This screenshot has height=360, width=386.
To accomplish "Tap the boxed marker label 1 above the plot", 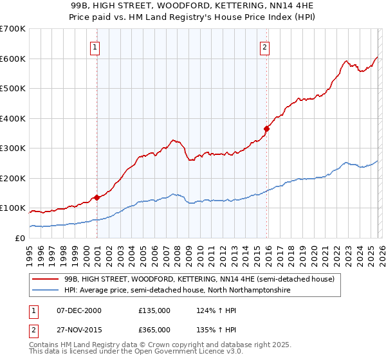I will (x=95, y=46).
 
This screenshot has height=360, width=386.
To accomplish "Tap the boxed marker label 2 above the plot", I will (x=264, y=46).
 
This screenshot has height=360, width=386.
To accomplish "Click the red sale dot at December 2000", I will (x=97, y=197).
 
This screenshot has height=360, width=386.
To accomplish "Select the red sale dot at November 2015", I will (x=266, y=129).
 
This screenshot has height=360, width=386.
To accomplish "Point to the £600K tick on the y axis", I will (x=13, y=59).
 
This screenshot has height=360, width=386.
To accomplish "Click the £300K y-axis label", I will (x=13, y=148).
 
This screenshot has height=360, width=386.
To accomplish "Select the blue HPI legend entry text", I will (x=178, y=291).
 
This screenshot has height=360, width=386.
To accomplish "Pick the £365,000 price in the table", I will (x=154, y=330).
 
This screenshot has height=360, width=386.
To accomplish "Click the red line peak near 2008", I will (x=172, y=139).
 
